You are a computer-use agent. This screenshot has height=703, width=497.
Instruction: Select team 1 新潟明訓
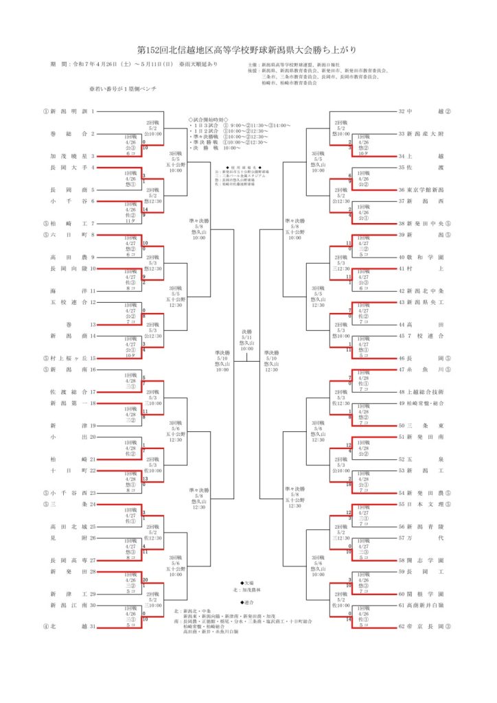pos(67,111)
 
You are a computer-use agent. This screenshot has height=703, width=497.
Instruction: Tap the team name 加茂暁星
pos(67,156)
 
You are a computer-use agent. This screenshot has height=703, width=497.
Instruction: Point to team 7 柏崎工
pos(67,223)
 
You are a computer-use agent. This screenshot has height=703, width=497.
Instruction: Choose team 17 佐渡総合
pos(67,391)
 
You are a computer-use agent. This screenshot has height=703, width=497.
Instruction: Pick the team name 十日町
pos(67,470)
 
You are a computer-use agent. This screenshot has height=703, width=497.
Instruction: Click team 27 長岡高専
pos(67,560)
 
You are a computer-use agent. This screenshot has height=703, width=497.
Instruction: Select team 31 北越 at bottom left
pos(67,626)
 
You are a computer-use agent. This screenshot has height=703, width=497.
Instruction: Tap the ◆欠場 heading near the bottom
pos(240,582)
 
